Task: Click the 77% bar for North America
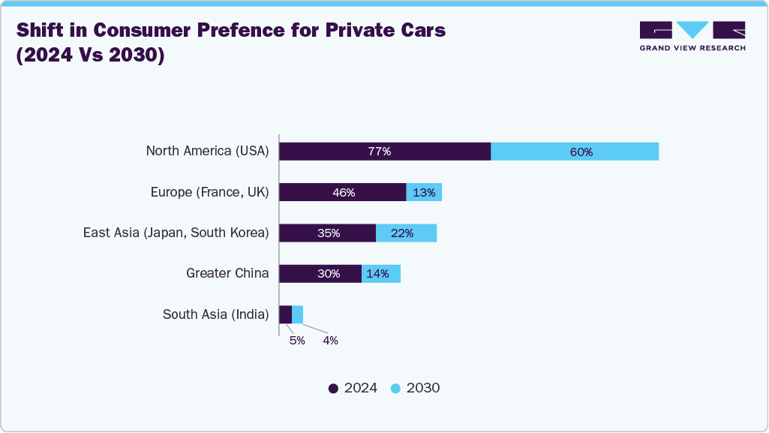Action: click(385, 152)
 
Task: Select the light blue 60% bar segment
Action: click(575, 152)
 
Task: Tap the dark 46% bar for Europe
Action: click(343, 192)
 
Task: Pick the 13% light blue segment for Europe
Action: click(424, 192)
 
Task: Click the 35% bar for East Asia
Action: click(328, 233)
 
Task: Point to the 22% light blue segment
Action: click(407, 233)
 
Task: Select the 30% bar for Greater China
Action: click(321, 274)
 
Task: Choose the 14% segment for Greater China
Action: click(381, 274)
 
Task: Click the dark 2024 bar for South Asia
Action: click(286, 314)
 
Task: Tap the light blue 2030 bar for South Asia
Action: click(298, 314)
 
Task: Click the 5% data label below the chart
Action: click(297, 340)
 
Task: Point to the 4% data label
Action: click(331, 340)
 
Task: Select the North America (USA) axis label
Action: click(208, 151)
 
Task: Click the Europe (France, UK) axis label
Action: click(210, 192)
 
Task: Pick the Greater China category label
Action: click(227, 273)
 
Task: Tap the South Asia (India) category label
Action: click(216, 314)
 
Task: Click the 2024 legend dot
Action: click(334, 389)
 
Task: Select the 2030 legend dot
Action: click(396, 389)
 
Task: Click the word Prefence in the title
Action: click(241, 30)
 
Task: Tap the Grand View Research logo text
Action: click(692, 48)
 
